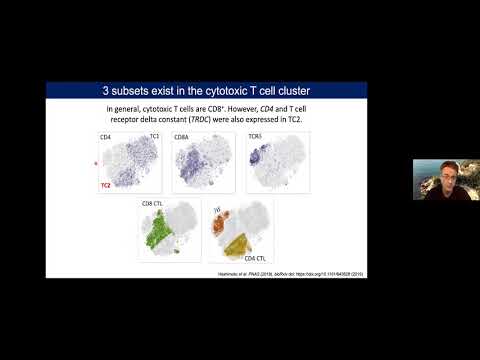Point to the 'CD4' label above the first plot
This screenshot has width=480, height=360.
pos(104,133)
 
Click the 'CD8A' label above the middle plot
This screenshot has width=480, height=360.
pos(181,133)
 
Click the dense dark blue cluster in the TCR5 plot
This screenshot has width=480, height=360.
pos(256,155)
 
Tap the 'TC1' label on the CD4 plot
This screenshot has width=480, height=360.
pos(154,133)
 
